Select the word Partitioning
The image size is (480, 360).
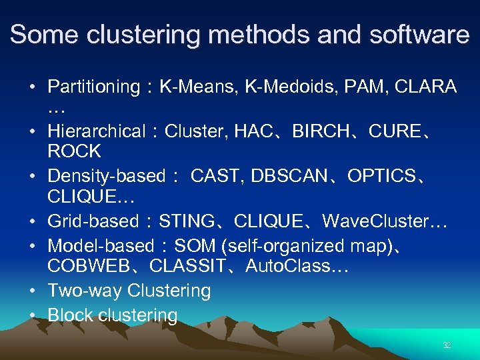pyautogui.click(x=93, y=87)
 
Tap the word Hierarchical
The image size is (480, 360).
pyautogui.click(x=96, y=132)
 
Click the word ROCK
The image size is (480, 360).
pyautogui.click(x=74, y=151)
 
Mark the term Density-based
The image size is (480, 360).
pyautogui.click(x=106, y=177)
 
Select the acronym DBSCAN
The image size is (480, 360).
pyautogui.click(x=291, y=177)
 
